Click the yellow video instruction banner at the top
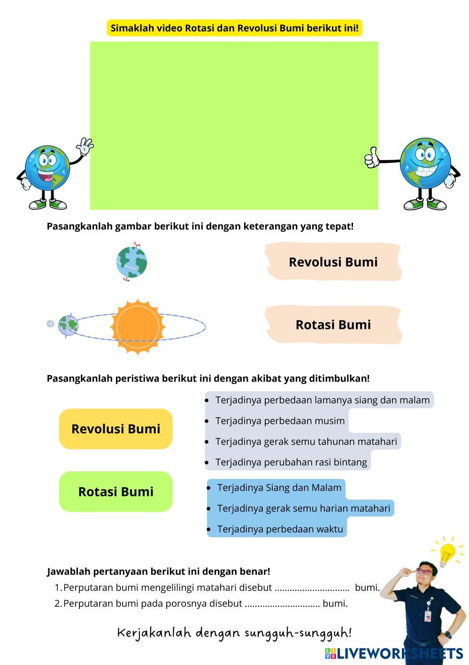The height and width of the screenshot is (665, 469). [234, 28]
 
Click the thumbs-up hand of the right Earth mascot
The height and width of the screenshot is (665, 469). [372, 158]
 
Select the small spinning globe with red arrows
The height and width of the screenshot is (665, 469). [131, 262]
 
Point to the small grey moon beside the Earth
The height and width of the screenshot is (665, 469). [51, 323]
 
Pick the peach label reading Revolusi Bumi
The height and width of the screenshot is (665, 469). [333, 262]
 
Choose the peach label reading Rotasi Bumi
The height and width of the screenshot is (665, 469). [333, 325]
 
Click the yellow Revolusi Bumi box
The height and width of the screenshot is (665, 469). [116, 429]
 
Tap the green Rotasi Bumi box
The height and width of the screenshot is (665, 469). [116, 492]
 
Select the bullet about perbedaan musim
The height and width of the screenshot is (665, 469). [280, 421]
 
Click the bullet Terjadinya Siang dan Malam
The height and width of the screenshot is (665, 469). [279, 488]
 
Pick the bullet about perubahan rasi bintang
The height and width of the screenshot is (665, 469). [291, 462]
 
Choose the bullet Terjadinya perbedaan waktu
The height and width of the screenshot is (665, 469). [280, 529]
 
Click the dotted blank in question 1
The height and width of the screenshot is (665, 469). [312, 588]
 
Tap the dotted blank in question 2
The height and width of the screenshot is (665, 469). [282, 604]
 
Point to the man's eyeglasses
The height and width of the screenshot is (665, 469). [424, 571]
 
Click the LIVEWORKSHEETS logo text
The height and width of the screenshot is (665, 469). [399, 653]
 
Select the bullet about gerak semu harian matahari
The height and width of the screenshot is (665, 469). [303, 509]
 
